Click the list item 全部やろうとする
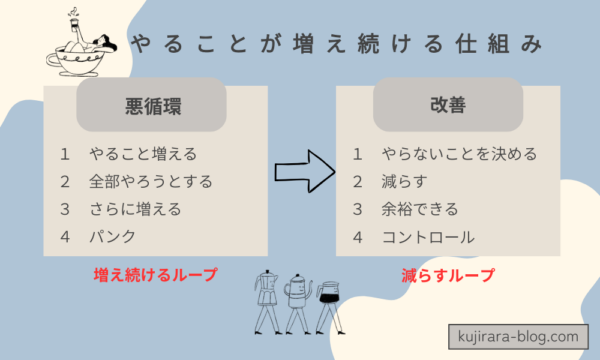pos(150,182)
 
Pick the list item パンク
pos(111,238)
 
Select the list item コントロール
pos(427,238)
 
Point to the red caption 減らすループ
pos(433,273)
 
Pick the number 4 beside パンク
pos(65,238)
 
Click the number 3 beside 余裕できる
pos(357,210)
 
